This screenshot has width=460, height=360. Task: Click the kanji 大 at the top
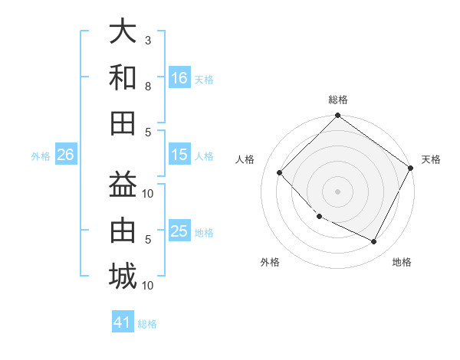123,33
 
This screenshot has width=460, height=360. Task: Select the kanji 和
123,77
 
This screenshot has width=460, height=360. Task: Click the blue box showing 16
179,78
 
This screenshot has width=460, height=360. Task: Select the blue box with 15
179,155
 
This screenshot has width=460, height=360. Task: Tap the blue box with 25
179,231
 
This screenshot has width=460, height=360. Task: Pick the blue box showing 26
65,155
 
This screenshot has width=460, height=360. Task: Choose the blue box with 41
123,322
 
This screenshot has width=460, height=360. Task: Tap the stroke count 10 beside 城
148,285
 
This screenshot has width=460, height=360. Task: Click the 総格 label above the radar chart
337,100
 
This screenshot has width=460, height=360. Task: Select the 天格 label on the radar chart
431,159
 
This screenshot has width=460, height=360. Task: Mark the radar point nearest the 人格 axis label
280,172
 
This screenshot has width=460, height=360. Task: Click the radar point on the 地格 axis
373,242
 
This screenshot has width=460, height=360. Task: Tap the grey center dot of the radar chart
337,191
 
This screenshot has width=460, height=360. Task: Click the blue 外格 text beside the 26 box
41,155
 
